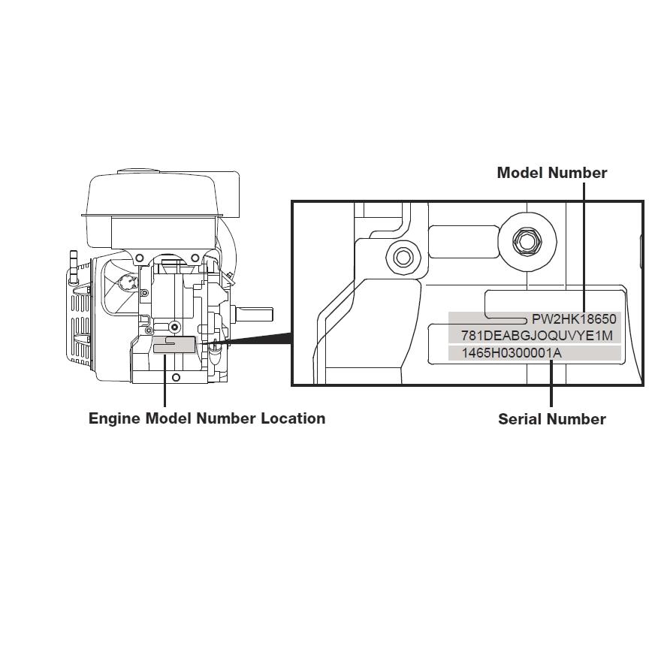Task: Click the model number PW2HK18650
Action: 574,319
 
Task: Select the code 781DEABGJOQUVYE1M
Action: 536,335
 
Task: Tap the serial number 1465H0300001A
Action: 511,353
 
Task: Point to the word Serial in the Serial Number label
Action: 521,419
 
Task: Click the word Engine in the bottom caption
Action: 114,418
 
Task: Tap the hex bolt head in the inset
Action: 524,241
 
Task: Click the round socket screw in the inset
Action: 403,258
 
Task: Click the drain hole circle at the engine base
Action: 177,377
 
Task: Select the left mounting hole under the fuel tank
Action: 139,258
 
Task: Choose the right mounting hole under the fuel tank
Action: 195,258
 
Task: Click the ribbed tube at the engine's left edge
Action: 74,267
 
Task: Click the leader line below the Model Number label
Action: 584,248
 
